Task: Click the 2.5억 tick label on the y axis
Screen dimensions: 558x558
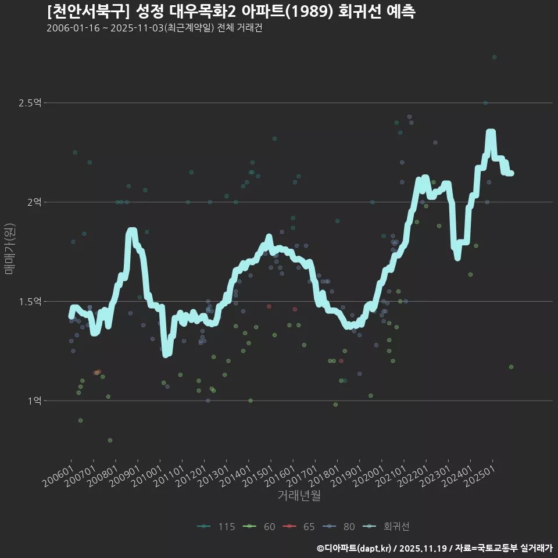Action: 30,103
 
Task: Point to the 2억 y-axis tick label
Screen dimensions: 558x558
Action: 34,202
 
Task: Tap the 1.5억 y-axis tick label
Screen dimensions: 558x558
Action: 30,302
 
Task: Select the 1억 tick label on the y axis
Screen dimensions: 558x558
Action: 34,401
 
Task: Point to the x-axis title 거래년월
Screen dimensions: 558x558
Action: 299,496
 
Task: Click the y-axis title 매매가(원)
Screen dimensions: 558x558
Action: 9,248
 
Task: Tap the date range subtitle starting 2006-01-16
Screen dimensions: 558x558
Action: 154,28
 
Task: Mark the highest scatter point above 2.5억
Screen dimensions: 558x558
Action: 494,57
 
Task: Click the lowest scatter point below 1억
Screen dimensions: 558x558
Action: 110,440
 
